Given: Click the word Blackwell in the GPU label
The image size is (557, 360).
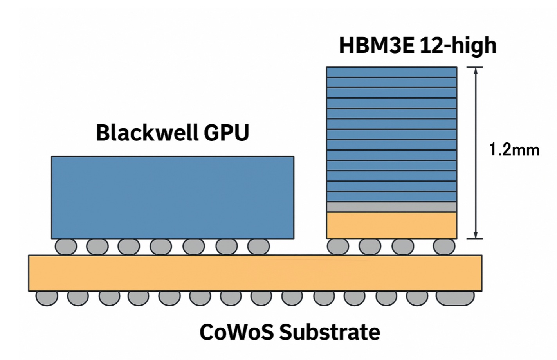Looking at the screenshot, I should pyautogui.click(x=146, y=133).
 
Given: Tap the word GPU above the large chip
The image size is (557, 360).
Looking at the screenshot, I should pyautogui.click(x=226, y=133).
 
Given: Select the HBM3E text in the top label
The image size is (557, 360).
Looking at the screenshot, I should pyautogui.click(x=376, y=45).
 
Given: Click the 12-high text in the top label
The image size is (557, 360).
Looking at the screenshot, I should pyautogui.click(x=458, y=45).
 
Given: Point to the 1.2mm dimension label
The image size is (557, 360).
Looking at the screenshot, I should pyautogui.click(x=514, y=150).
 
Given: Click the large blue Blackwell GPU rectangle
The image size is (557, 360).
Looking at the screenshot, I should pyautogui.click(x=172, y=198).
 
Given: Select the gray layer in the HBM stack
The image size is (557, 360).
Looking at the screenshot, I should pyautogui.click(x=391, y=207).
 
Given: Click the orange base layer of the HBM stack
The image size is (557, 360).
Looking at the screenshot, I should pyautogui.click(x=391, y=225).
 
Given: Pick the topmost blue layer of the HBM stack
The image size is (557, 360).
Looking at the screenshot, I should pyautogui.click(x=391, y=72).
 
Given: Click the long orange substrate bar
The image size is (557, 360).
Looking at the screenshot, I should pyautogui.click(x=255, y=273).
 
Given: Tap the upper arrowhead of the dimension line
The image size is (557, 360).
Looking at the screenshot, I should pyautogui.click(x=476, y=71).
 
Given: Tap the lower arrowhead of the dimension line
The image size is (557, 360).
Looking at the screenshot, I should pyautogui.click(x=476, y=235).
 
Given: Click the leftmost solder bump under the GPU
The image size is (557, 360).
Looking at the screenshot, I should pyautogui.click(x=66, y=247).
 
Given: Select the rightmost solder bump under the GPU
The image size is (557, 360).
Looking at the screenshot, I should pyautogui.click(x=258, y=247).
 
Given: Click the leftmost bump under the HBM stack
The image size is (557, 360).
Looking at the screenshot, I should pyautogui.click(x=338, y=247).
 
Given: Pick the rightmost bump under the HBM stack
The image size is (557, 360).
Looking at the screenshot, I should pyautogui.click(x=444, y=247).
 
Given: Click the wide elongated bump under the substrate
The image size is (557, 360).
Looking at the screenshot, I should pyautogui.click(x=455, y=298).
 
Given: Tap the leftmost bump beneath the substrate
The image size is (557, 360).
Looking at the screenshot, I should pyautogui.click(x=47, y=298).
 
